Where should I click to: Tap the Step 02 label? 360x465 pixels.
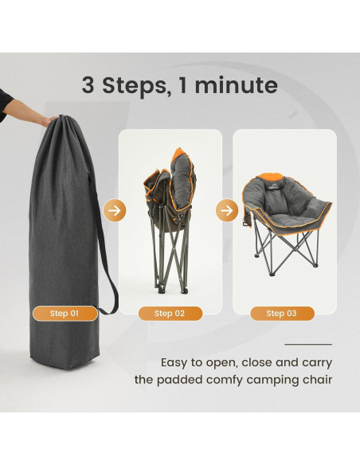click(x=169, y=314)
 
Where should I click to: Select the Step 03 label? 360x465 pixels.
click(x=281, y=314)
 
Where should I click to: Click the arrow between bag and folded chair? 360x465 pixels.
click(x=115, y=211)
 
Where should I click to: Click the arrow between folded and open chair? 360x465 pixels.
click(x=228, y=211)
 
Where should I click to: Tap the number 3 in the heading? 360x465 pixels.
click(x=88, y=86)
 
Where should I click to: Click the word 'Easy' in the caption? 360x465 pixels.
click(x=177, y=361)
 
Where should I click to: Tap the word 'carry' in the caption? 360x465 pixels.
click(x=315, y=361)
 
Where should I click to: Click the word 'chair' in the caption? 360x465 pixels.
click(x=315, y=379)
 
